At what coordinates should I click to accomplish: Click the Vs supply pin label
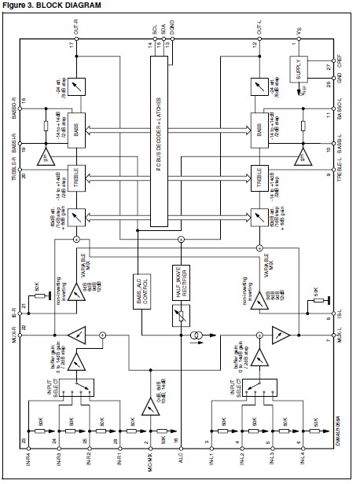(x=298, y=31)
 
